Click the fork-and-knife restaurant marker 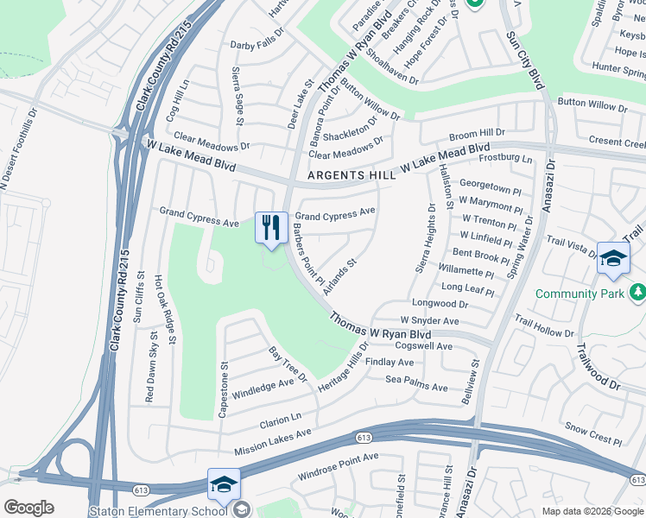tap(271, 229)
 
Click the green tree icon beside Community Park tap(637, 294)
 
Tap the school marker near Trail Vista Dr tap(612, 258)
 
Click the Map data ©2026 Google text tap(592, 511)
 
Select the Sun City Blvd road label tap(526, 57)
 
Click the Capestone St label tap(223, 390)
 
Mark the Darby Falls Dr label tap(256, 44)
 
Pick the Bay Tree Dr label tap(288, 364)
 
